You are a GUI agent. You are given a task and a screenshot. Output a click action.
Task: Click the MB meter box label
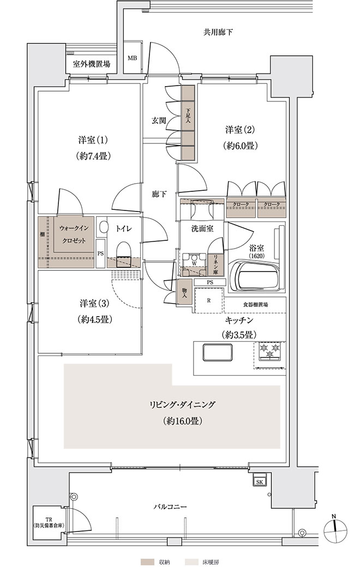pyautogui.click(x=132, y=58)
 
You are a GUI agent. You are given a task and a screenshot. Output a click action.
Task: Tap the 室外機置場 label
pyautogui.click(x=91, y=64)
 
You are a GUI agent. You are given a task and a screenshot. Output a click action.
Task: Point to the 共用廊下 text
pyautogui.click(x=218, y=32)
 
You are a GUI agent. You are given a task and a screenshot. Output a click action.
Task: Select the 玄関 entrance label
pyautogui.click(x=159, y=120)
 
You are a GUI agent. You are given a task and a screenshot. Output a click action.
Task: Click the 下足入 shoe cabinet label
pyautogui.click(x=188, y=115)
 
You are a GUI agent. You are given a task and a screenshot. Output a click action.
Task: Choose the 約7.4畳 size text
pyautogui.click(x=94, y=156)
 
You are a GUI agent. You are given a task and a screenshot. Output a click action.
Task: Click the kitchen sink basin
pyautogui.click(x=218, y=352)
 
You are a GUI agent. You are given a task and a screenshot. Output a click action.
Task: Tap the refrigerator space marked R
pyautogui.click(x=208, y=300)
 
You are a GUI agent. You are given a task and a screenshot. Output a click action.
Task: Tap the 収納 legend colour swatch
pyautogui.click(x=146, y=561)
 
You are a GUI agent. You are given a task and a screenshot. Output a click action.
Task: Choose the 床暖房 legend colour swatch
pyautogui.click(x=190, y=561)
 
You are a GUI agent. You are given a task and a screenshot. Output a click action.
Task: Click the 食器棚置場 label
pyautogui.click(x=255, y=304)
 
